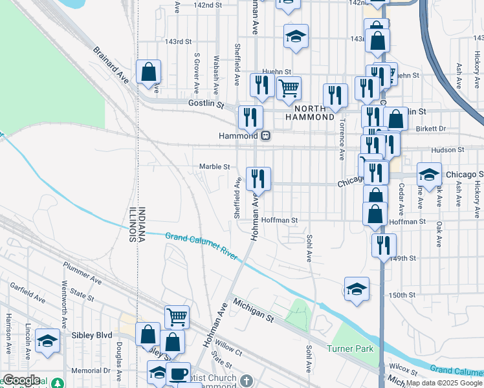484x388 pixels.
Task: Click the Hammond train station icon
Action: [x=265, y=136]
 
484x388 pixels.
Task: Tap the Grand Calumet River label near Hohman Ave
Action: [x=201, y=246]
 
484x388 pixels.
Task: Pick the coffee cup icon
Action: [x=178, y=373]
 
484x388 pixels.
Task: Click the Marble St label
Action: [x=214, y=167]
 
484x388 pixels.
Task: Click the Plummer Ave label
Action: [x=82, y=274]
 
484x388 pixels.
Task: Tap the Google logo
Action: [x=21, y=380]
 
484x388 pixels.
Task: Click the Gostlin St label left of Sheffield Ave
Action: [x=205, y=103]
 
